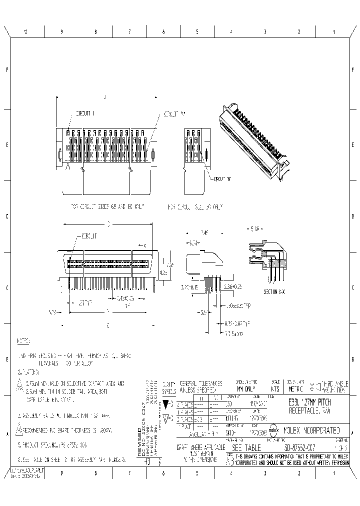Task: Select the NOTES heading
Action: pos(23,341)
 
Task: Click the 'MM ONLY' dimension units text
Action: pos(245,388)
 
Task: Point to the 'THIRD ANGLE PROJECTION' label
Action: pos(333,385)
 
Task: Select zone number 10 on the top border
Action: pos(25,31)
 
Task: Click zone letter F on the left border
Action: pos(6,69)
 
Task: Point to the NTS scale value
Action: pos(274,388)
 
